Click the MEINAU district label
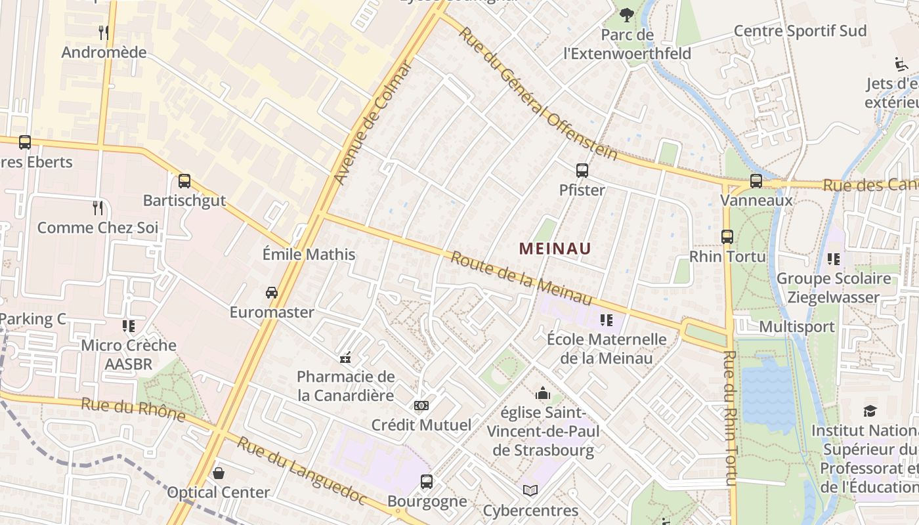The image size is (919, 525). pyautogui.click(x=555, y=249)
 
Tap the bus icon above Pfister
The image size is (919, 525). pyautogui.click(x=582, y=171)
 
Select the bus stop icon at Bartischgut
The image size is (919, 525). pyautogui.click(x=184, y=180)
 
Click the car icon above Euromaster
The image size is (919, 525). pyautogui.click(x=272, y=292)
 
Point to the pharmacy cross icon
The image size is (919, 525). pyautogui.click(x=345, y=358)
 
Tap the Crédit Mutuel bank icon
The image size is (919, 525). pyautogui.click(x=421, y=406)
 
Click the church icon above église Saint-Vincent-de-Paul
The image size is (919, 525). pyautogui.click(x=543, y=393)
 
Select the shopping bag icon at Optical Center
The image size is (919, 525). pyautogui.click(x=219, y=472)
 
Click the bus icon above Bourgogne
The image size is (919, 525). pyautogui.click(x=427, y=482)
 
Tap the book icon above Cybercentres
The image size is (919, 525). pyautogui.click(x=530, y=490)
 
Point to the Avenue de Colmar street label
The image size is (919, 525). pyautogui.click(x=372, y=123)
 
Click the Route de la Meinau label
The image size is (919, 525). pyautogui.click(x=521, y=277)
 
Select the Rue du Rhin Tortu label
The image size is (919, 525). pyautogui.click(x=731, y=418)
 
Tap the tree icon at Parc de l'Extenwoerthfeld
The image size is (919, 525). pyautogui.click(x=627, y=14)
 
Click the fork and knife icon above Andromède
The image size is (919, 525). pyautogui.click(x=104, y=32)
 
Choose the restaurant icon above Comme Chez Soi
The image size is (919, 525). pyautogui.click(x=98, y=208)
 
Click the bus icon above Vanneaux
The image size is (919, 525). pyautogui.click(x=756, y=180)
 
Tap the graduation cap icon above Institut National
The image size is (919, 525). pyautogui.click(x=870, y=411)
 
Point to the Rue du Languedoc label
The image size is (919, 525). pyautogui.click(x=301, y=471)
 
